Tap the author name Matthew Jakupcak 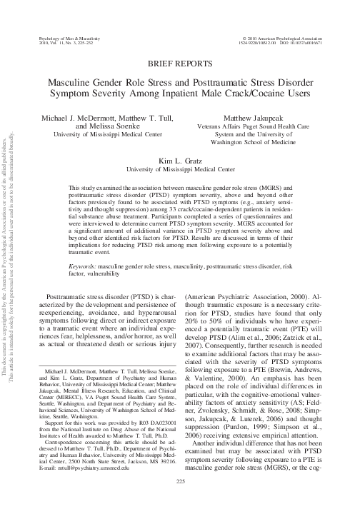260,116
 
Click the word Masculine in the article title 74,82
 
